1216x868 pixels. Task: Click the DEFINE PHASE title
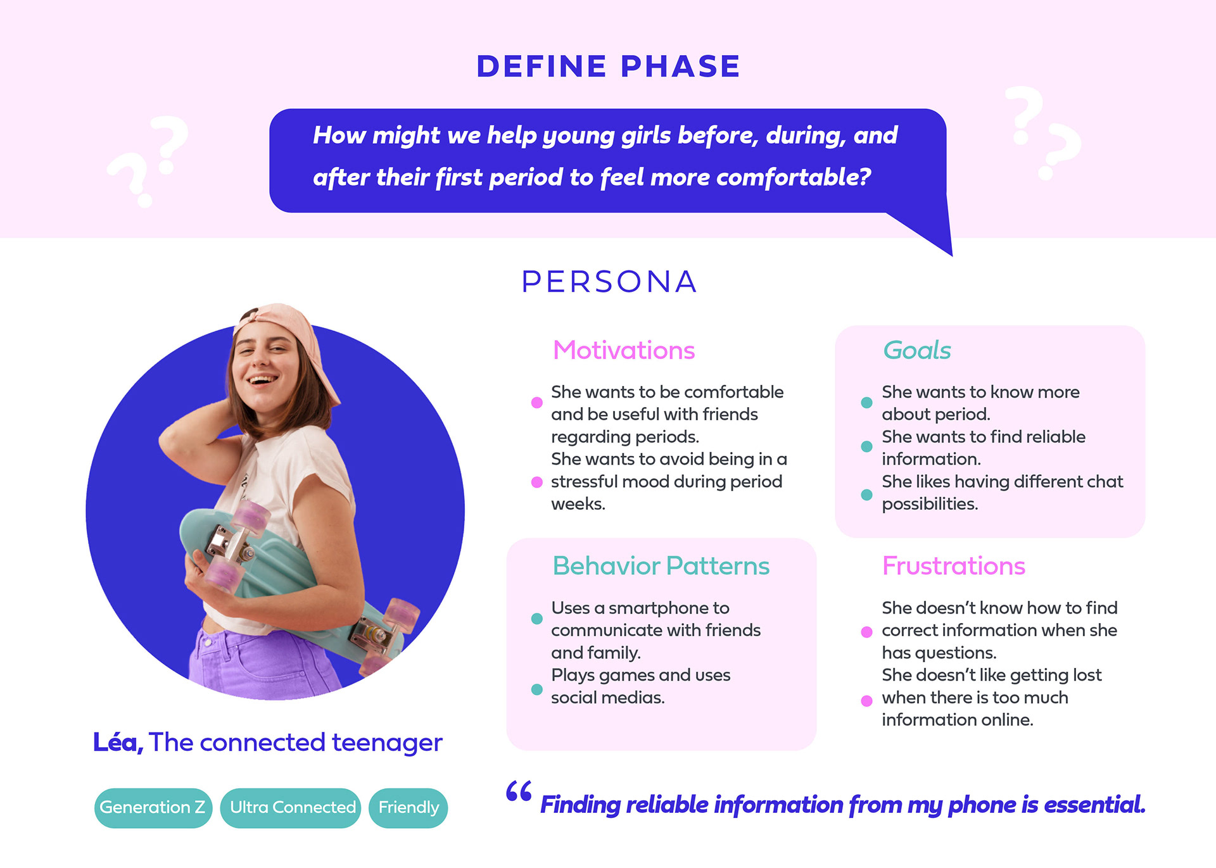[608, 66]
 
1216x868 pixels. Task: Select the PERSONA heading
[609, 282]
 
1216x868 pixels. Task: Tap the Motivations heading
[624, 350]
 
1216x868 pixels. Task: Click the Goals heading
[917, 350]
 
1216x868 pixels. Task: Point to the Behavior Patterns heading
[661, 565]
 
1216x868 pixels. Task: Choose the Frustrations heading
[953, 565]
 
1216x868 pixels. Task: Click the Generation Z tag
[153, 808]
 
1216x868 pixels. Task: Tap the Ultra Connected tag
[291, 808]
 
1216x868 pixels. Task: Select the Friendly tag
[408, 808]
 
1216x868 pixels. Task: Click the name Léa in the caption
[118, 742]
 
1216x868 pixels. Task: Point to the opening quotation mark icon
[519, 791]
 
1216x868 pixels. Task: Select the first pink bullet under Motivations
[537, 403]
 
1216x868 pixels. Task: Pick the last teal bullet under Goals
[867, 494]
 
